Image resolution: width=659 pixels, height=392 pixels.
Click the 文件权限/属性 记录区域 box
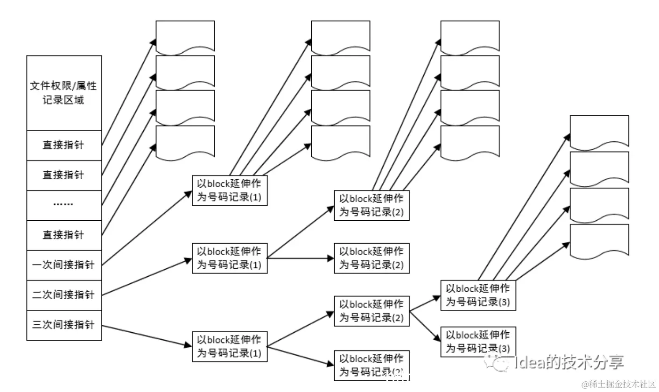point(64,93)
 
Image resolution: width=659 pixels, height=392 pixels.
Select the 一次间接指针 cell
point(64,265)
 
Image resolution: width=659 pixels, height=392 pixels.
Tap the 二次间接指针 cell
point(64,295)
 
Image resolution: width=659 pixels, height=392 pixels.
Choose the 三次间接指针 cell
point(64,325)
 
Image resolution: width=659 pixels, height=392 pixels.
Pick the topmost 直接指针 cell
point(64,145)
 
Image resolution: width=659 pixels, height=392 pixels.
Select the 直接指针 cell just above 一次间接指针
point(64,235)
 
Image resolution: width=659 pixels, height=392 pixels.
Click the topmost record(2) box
point(372,205)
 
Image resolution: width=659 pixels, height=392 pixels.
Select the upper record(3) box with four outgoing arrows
point(478,295)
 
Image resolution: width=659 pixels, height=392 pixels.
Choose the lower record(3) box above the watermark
point(478,342)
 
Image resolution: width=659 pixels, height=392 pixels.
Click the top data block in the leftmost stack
point(185,36)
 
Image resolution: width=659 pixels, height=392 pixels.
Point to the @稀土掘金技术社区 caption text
point(618,385)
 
